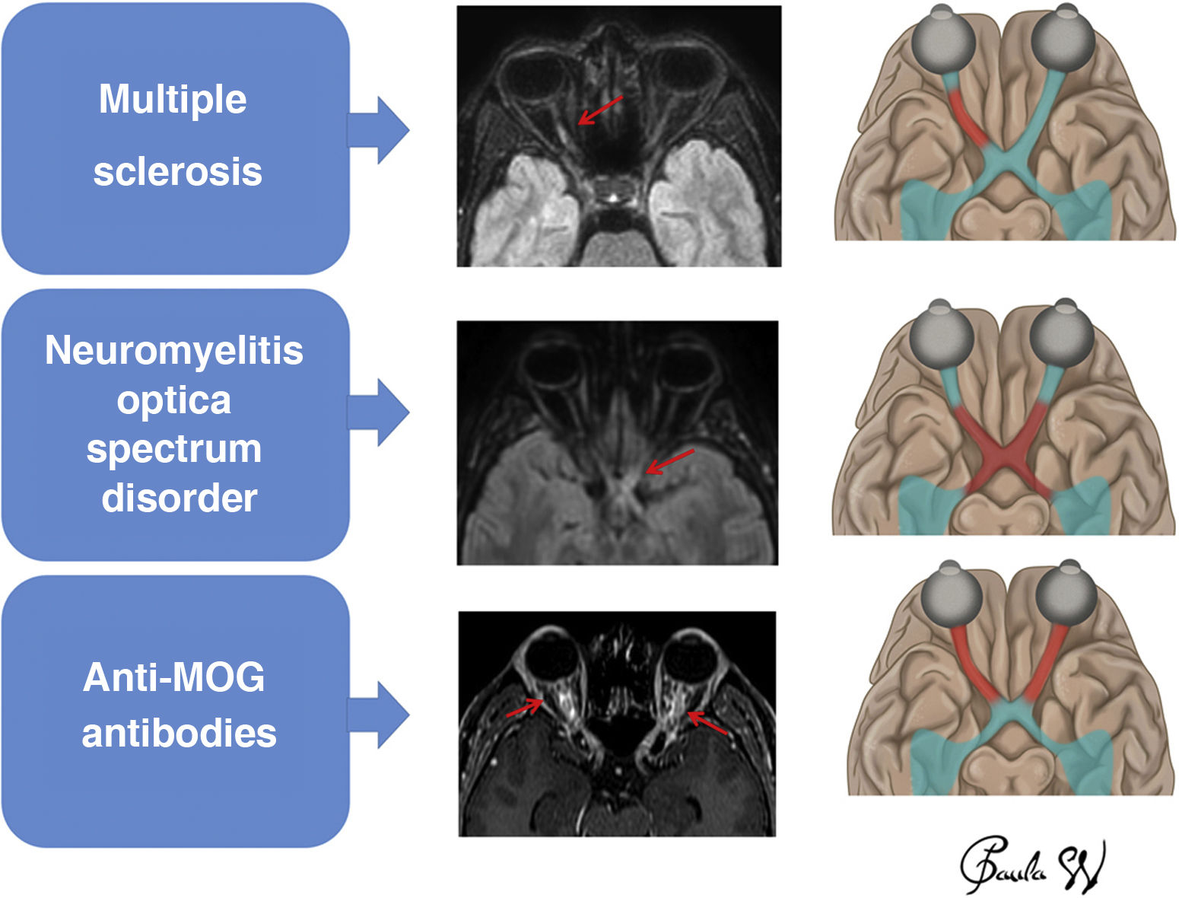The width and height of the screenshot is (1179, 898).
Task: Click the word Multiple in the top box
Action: (x=173, y=100)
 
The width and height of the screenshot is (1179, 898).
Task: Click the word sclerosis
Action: (x=177, y=171)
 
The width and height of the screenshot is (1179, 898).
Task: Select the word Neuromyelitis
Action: (x=174, y=351)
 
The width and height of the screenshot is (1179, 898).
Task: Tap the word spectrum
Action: (x=174, y=449)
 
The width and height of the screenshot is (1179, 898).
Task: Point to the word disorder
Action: (x=179, y=498)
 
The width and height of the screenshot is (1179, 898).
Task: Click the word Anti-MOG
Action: (x=174, y=677)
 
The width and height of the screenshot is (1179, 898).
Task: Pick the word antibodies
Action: (x=179, y=734)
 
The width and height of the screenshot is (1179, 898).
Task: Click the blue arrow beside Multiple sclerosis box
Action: (x=380, y=130)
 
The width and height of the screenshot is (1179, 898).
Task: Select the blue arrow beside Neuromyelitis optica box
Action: (x=380, y=412)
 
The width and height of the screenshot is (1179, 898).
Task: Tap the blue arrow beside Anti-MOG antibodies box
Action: (x=380, y=715)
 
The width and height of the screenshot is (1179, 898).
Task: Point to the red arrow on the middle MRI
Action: (x=669, y=462)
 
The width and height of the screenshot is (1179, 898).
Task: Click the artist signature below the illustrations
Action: (x=1031, y=867)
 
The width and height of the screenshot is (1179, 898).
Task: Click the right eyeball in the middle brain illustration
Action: (x=1063, y=335)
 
